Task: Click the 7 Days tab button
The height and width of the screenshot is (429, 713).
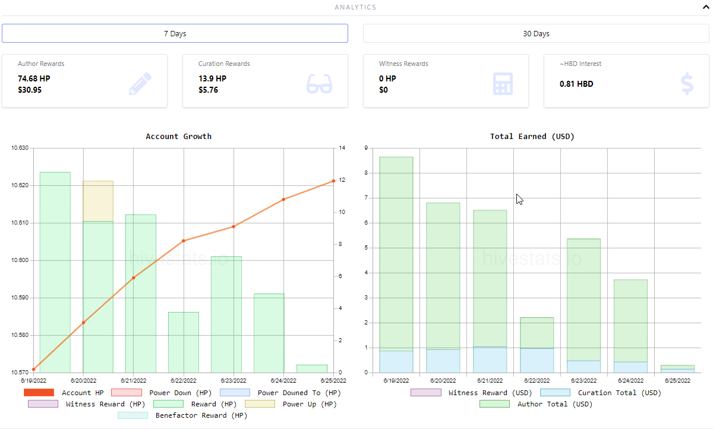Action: (x=175, y=33)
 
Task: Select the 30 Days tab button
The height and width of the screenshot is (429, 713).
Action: (x=536, y=33)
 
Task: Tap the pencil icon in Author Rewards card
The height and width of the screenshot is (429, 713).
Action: (x=140, y=84)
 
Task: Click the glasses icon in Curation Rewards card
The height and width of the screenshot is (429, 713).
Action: (x=319, y=84)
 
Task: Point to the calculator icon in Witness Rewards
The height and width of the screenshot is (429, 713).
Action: (x=503, y=84)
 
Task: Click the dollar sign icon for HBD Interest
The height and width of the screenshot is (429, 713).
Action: (x=687, y=84)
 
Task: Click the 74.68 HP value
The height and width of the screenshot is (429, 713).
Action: (x=34, y=78)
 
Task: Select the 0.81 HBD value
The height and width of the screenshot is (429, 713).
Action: (x=576, y=84)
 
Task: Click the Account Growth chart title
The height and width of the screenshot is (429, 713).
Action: (x=179, y=137)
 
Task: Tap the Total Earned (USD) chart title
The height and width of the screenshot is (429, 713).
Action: (x=532, y=137)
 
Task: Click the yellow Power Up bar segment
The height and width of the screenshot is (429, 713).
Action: (x=98, y=201)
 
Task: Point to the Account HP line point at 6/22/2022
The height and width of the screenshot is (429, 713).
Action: (x=184, y=241)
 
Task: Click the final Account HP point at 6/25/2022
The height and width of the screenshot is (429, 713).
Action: (x=333, y=181)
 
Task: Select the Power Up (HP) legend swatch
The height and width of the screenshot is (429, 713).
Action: (x=260, y=404)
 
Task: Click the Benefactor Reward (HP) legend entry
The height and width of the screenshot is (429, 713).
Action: (x=182, y=415)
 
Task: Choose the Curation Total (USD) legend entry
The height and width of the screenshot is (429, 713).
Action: (x=601, y=393)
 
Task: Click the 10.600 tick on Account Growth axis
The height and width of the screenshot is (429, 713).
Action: (x=20, y=260)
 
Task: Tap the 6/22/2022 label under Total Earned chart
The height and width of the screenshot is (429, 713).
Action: (x=537, y=381)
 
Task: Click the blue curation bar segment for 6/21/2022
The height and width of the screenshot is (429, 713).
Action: (x=490, y=359)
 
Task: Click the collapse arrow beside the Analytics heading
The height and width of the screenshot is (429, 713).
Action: (x=706, y=7)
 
